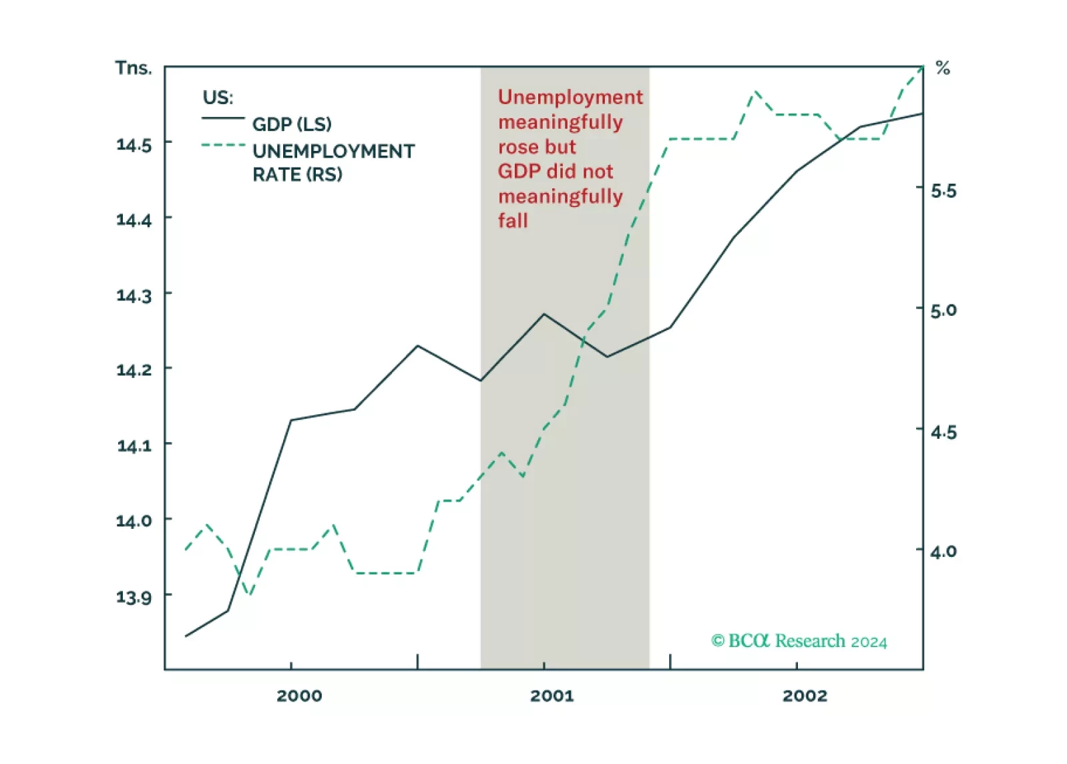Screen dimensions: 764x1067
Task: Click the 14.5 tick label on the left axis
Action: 134,144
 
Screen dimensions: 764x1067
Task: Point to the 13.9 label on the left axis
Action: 134,596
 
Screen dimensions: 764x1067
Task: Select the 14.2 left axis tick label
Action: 134,369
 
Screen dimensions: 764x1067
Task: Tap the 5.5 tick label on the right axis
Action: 943,192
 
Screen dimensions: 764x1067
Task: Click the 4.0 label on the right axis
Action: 943,552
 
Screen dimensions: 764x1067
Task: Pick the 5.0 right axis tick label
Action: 943,311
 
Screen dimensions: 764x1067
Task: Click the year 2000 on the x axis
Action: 299,696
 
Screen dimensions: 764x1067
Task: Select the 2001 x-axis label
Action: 552,696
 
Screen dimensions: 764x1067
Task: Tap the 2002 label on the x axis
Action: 805,696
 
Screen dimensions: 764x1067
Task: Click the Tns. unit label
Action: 134,68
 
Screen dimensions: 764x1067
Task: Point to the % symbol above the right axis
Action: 943,68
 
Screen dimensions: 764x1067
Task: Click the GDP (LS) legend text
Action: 292,124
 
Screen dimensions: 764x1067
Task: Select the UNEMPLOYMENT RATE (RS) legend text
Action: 333,162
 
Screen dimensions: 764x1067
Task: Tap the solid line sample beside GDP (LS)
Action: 223,119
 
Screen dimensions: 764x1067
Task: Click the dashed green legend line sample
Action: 223,145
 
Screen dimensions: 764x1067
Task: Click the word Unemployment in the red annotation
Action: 570,98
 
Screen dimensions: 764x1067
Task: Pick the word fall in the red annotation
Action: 513,220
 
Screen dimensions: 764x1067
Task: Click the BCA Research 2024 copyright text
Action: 799,641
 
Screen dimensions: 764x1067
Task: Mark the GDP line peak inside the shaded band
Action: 544,314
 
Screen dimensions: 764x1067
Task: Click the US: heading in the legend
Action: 218,98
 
